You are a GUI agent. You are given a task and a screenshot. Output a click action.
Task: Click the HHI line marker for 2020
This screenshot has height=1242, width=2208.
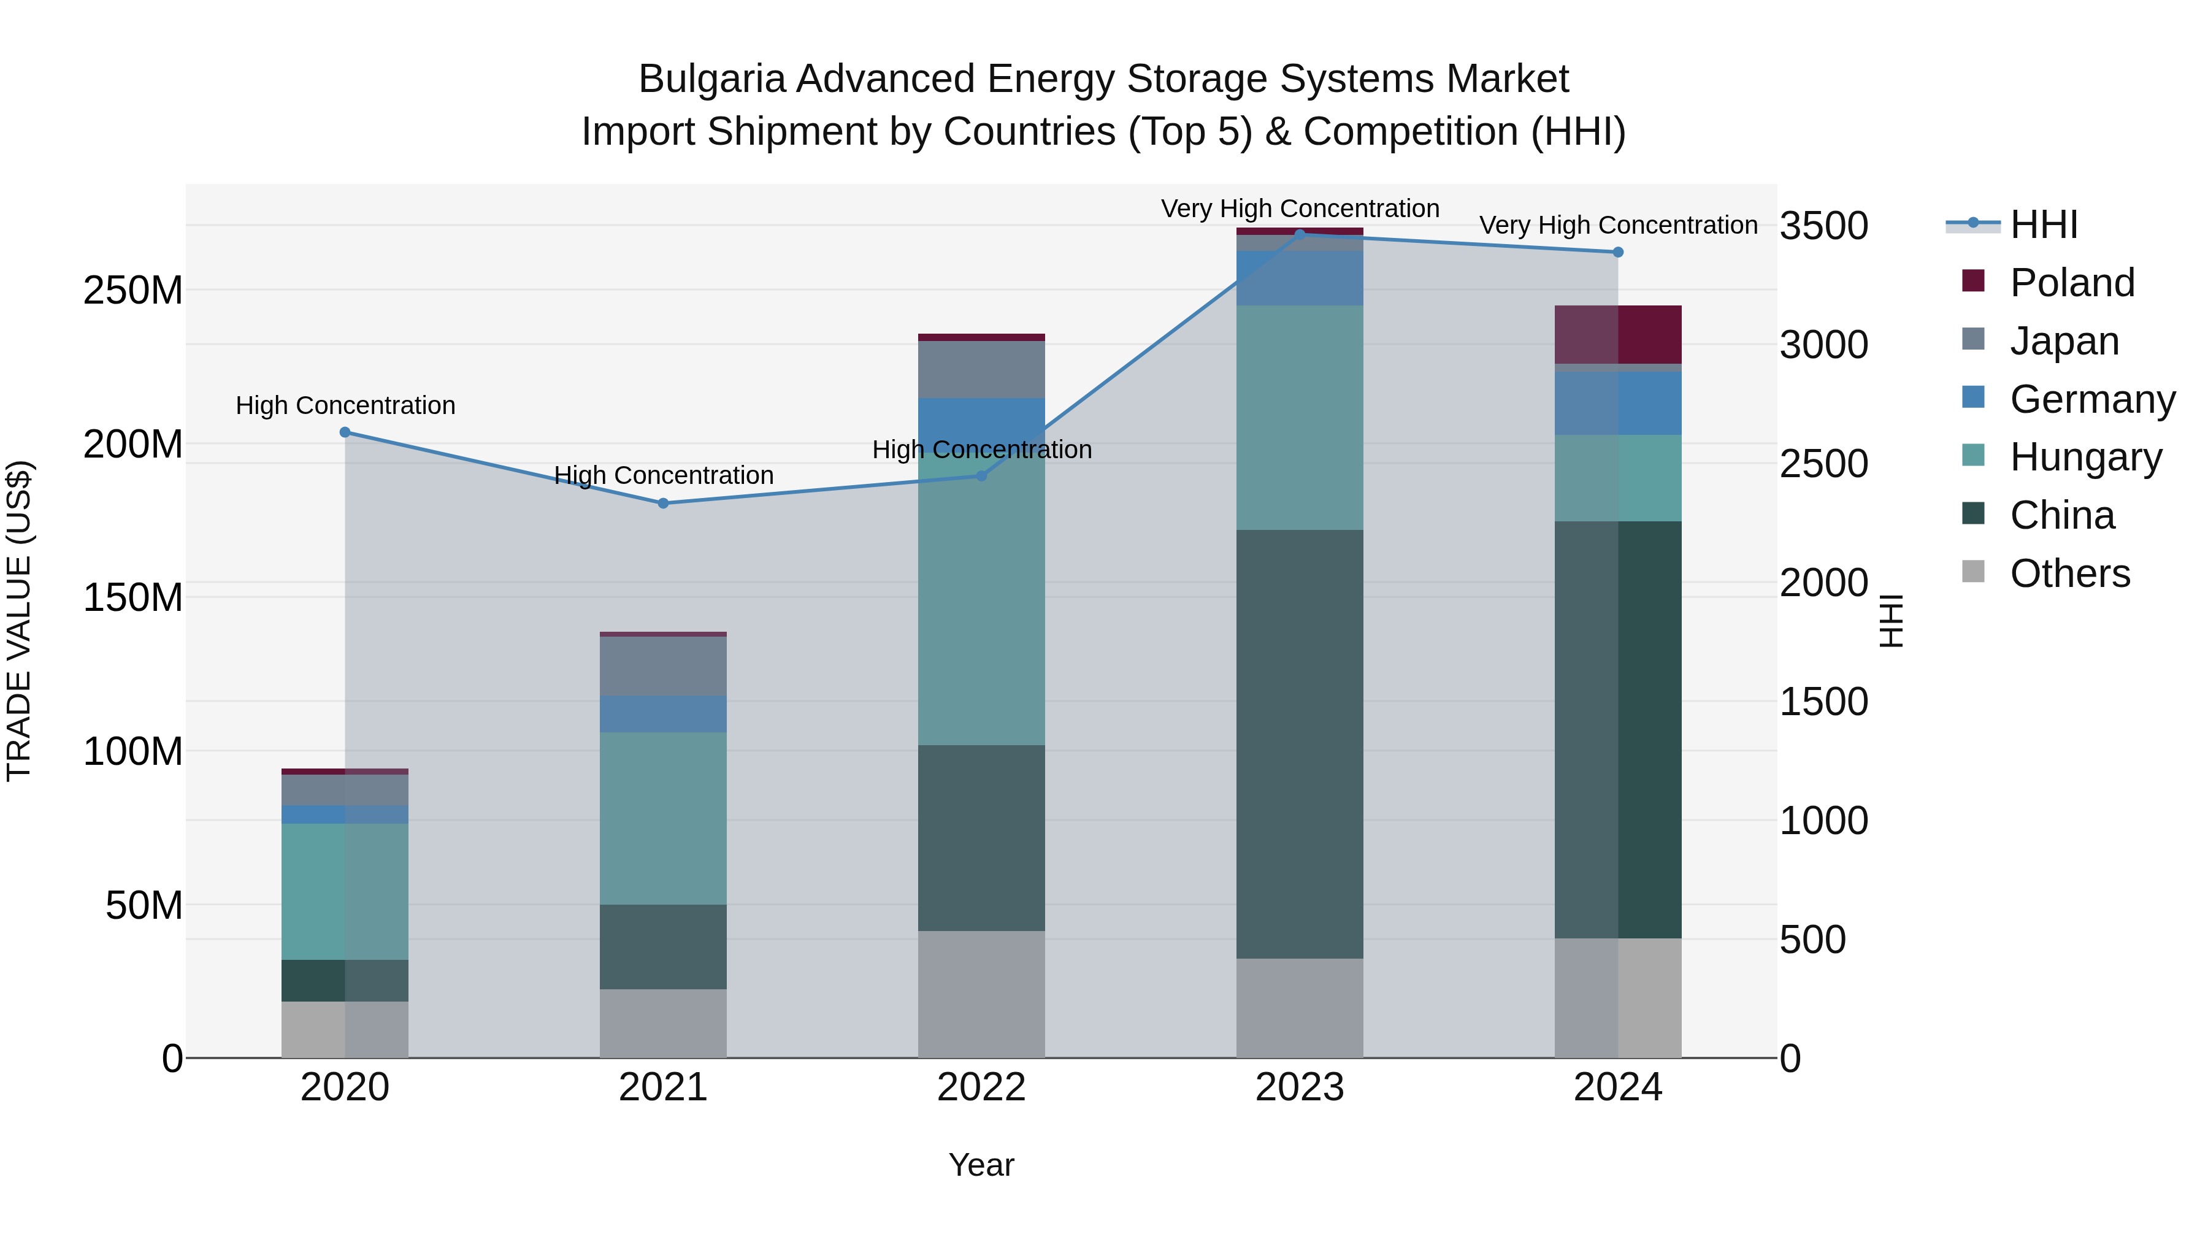[x=345, y=432]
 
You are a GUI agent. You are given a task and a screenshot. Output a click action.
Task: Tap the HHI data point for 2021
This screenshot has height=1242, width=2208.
[x=664, y=503]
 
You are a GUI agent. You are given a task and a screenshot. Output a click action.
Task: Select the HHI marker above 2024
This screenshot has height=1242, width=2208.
[x=1619, y=252]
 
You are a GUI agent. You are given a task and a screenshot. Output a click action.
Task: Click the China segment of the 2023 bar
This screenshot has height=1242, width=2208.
[x=1300, y=743]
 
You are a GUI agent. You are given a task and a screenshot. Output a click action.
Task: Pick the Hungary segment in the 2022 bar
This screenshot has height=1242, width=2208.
[x=981, y=600]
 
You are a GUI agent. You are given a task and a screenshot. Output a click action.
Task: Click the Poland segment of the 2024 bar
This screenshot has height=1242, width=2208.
[x=1619, y=334]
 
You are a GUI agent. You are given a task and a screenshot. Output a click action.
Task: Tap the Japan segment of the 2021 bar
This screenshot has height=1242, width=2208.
[x=664, y=666]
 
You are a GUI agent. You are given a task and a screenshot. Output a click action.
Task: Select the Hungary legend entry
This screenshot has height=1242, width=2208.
[x=2085, y=457]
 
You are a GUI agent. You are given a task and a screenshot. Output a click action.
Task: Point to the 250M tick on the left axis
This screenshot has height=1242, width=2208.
[x=133, y=291]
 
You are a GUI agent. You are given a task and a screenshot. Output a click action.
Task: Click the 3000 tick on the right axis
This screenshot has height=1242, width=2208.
[x=1823, y=345]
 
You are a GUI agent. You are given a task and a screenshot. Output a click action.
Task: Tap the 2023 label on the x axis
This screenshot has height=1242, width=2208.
[x=1300, y=1087]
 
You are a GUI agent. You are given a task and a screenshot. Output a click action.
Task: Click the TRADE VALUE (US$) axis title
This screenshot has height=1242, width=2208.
[x=19, y=621]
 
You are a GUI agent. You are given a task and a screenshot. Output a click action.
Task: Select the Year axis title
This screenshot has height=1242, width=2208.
[x=981, y=1165]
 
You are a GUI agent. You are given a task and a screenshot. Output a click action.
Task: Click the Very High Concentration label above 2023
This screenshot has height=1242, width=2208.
[x=1300, y=209]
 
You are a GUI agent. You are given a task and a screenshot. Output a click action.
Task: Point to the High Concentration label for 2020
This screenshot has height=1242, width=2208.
[x=345, y=405]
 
